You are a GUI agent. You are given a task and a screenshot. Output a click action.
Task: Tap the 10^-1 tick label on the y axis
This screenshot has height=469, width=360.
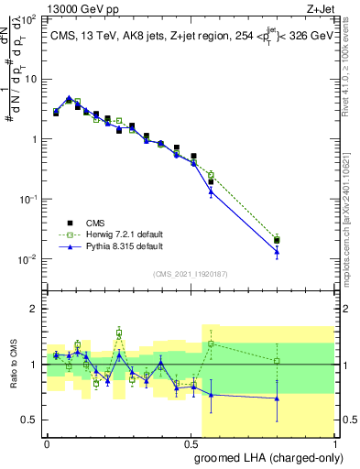(31, 199)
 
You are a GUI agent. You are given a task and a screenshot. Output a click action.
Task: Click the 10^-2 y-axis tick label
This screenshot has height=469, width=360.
(31, 259)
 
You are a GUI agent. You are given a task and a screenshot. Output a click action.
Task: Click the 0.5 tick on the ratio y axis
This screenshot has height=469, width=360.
(33, 420)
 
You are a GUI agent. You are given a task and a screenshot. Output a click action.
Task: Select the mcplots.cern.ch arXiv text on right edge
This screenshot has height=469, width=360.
(353, 183)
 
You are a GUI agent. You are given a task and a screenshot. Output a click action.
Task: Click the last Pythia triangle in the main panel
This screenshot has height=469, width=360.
(277, 251)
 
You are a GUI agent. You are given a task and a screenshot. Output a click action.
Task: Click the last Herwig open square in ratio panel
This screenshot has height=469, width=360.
(277, 361)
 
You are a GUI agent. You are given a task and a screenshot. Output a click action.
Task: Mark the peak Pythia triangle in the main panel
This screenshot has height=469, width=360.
(70, 98)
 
